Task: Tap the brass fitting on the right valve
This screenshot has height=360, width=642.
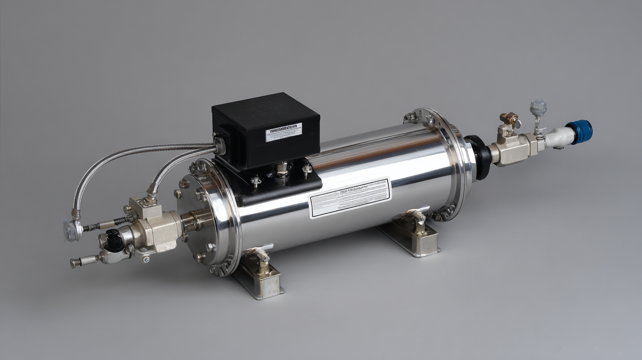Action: pyautogui.click(x=510, y=118)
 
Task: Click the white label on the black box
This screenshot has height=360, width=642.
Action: pyautogui.click(x=284, y=132)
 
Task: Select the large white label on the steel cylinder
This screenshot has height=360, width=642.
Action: pyautogui.click(x=350, y=198)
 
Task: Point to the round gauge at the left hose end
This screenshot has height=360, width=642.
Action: pyautogui.click(x=72, y=231)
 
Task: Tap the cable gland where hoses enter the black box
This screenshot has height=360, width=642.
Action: pyautogui.click(x=219, y=146)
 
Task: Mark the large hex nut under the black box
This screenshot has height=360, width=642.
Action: pyautogui.click(x=282, y=170)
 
